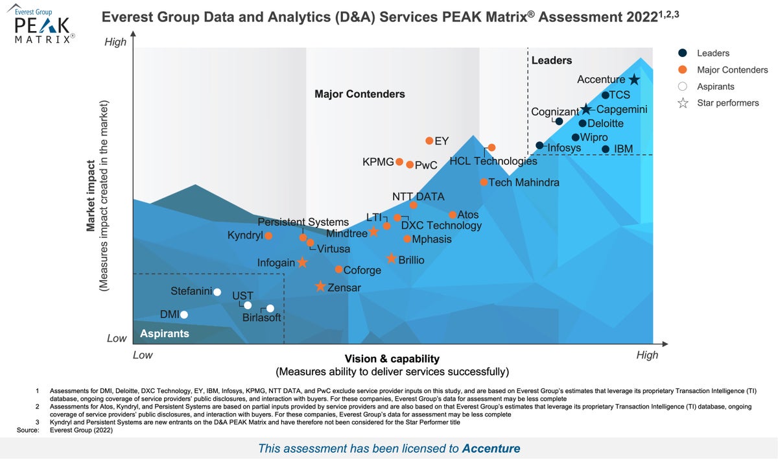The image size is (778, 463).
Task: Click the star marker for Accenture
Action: click(634, 79)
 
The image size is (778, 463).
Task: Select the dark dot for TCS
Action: click(606, 95)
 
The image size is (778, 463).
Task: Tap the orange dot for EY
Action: click(429, 141)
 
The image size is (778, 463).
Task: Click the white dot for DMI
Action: click(184, 315)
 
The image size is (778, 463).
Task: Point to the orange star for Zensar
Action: click(320, 287)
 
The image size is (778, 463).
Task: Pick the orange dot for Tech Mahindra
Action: click(484, 182)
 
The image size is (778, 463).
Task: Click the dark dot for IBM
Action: click(606, 149)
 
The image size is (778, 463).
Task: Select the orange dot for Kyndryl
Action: click(268, 236)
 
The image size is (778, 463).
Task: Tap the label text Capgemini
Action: click(622, 110)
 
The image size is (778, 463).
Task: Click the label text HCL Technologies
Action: click(493, 161)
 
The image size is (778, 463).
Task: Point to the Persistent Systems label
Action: click(308, 222)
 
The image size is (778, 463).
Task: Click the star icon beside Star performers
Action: click(682, 103)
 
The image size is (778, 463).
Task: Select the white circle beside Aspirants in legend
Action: click(682, 86)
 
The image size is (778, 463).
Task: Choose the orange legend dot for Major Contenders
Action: click(682, 70)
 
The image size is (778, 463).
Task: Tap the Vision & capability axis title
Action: click(392, 359)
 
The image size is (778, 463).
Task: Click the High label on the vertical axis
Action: click(115, 42)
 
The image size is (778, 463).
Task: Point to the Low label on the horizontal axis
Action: click(143, 355)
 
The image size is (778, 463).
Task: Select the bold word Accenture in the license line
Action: click(491, 448)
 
